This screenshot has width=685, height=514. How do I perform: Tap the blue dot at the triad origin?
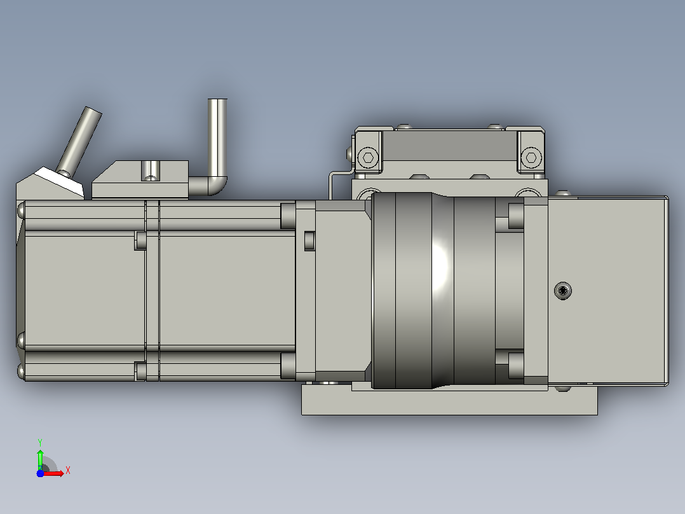pos(40,473)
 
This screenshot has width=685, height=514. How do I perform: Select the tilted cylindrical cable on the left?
pos(79,141)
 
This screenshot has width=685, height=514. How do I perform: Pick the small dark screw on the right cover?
pos(563,291)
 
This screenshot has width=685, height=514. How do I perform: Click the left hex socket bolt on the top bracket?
pos(368,157)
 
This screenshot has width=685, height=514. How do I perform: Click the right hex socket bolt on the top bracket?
pos(531,157)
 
